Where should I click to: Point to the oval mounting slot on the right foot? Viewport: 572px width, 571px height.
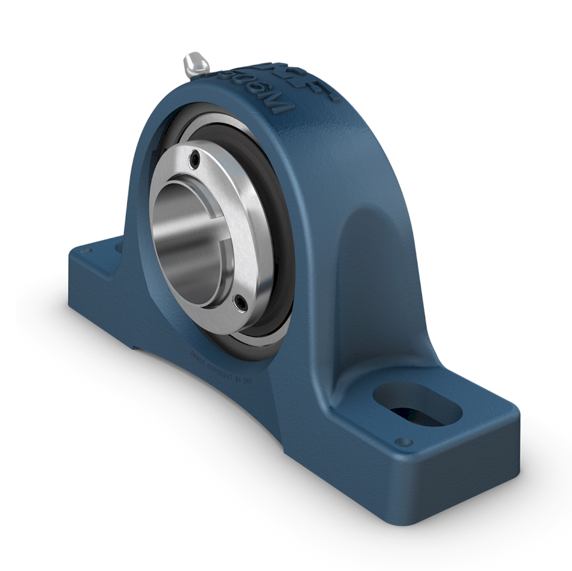(416, 404)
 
